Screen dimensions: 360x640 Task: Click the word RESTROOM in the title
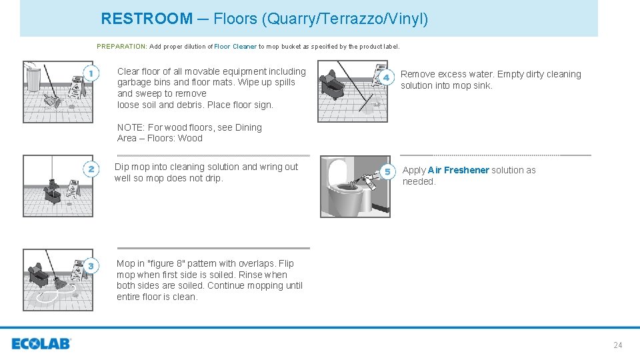146,19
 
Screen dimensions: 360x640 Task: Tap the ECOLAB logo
41,344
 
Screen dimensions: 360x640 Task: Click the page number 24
617,345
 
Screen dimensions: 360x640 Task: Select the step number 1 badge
91,73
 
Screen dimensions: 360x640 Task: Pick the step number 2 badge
91,169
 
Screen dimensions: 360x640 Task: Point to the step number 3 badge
91,265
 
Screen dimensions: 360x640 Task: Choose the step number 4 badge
385,78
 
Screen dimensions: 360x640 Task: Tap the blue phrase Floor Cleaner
235,47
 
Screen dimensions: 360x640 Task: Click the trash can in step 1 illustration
33,79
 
